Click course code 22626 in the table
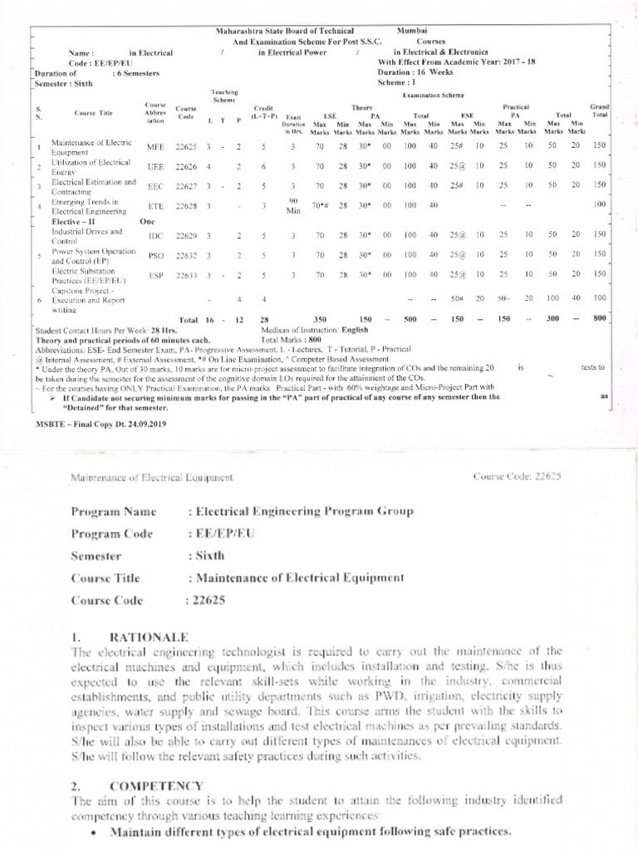188,166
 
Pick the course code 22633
188,274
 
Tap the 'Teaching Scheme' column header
224,96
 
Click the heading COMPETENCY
155,785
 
